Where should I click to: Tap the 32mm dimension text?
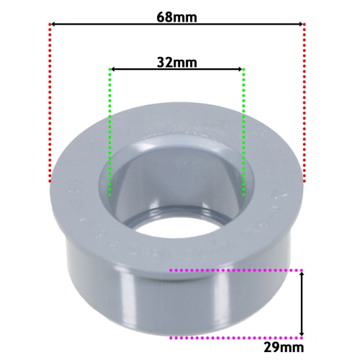click(176, 62)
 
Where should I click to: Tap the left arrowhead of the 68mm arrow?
click(54, 25)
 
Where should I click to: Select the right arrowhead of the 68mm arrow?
click(300, 25)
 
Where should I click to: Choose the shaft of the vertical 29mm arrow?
click(302, 302)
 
